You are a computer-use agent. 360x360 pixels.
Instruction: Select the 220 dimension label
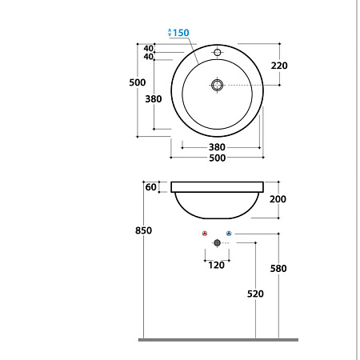click(279, 66)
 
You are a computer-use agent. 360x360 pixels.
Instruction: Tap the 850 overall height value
click(143, 231)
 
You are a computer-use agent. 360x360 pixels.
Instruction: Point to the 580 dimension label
click(278, 269)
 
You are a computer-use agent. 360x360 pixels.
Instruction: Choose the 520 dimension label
click(255, 294)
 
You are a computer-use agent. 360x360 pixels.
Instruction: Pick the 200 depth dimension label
click(278, 198)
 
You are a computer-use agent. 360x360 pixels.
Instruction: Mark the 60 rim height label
click(150, 187)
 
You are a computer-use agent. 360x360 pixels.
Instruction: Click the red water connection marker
click(205, 233)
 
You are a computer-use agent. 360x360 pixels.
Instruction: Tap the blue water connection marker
click(229, 233)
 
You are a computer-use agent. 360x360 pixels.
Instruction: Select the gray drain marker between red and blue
click(217, 242)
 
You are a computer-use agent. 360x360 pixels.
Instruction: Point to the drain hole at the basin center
click(217, 85)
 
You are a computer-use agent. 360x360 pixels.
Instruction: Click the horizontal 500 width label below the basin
click(217, 158)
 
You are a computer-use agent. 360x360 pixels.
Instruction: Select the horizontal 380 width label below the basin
click(217, 146)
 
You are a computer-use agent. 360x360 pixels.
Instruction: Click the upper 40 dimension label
click(149, 48)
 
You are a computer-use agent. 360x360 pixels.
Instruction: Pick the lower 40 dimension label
click(149, 57)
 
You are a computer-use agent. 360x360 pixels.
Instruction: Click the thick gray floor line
click(218, 339)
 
